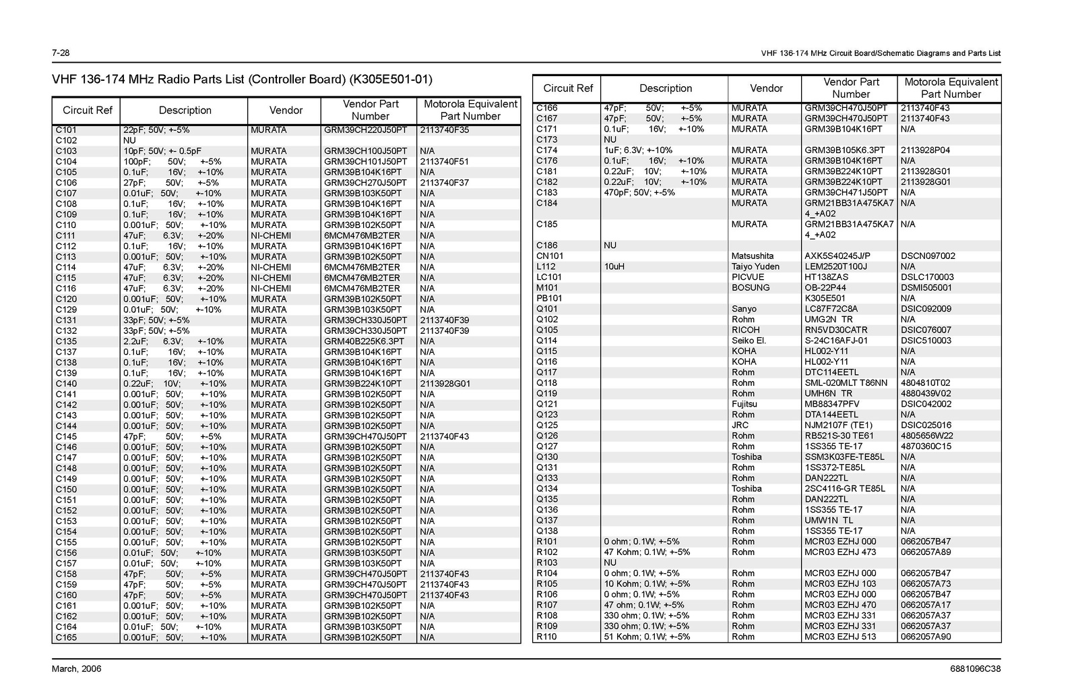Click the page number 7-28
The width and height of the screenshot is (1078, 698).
(61, 53)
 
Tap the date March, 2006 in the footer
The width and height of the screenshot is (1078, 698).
(77, 669)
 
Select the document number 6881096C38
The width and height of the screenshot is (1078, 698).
(973, 669)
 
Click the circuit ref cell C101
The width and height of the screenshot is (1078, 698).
(66, 130)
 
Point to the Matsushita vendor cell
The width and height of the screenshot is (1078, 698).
(753, 256)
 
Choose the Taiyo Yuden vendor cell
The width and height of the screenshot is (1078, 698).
(755, 267)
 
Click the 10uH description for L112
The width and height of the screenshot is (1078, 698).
(614, 267)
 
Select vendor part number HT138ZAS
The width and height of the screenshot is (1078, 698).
(826, 277)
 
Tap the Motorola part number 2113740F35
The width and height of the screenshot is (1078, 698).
(444, 130)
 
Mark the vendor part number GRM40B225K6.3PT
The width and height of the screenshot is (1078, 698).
(364, 341)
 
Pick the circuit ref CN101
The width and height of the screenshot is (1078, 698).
(550, 256)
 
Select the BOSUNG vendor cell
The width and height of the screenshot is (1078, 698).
(750, 288)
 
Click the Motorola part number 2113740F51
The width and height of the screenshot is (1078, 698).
(444, 162)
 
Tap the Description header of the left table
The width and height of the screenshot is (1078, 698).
(185, 111)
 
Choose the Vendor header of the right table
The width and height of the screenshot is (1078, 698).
(766, 88)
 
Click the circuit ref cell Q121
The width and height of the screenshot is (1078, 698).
(547, 404)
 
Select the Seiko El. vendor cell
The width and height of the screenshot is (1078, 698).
(749, 341)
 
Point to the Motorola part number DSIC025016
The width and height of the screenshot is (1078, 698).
(926, 426)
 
